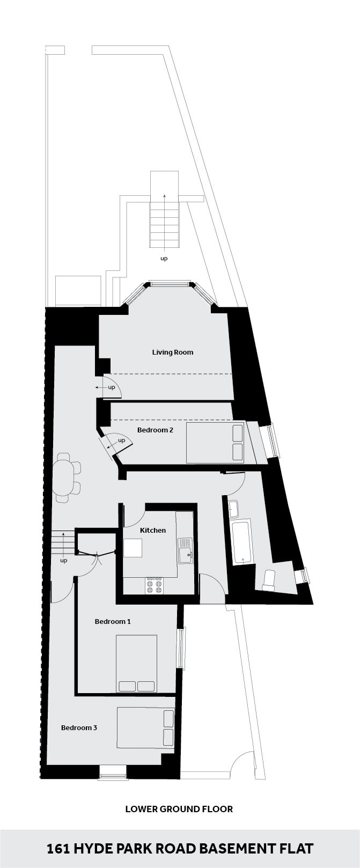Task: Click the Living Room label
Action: [x=172, y=352]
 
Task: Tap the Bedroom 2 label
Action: [x=155, y=430]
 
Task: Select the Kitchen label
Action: [x=153, y=530]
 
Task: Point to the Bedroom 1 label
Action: [x=113, y=622]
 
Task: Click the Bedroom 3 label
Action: [x=79, y=728]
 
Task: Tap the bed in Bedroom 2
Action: [x=216, y=443]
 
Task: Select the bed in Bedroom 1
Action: [x=136, y=664]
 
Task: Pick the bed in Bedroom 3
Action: [x=146, y=728]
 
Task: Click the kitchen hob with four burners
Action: [x=154, y=585]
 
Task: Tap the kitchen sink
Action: [x=185, y=550]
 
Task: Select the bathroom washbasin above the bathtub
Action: [x=233, y=509]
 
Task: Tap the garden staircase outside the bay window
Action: [x=165, y=228]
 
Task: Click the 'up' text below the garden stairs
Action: [x=164, y=259]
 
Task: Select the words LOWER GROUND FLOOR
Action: [x=179, y=809]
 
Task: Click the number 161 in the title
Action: [x=58, y=849]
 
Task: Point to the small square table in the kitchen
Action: [x=133, y=548]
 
